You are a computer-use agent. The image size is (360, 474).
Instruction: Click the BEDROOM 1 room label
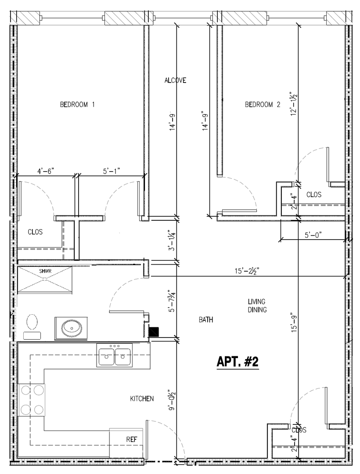coord(77,104)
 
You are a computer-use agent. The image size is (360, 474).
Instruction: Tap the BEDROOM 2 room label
coord(263,104)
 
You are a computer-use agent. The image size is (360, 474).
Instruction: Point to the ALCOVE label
coord(175,80)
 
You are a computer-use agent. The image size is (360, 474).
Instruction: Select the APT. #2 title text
coord(238,362)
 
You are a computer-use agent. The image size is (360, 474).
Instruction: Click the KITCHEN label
coord(142,399)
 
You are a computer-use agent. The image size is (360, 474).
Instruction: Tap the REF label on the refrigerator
coord(131,439)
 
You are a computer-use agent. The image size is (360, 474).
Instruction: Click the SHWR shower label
coord(45,271)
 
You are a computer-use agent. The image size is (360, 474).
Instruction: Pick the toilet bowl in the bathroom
coord(32,322)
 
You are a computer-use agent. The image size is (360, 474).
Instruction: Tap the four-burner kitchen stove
coord(32,400)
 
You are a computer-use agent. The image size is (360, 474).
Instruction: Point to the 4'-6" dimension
coord(45,171)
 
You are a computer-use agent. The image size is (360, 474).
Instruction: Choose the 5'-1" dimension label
coord(112,171)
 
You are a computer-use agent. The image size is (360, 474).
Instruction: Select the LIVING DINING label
coord(257,305)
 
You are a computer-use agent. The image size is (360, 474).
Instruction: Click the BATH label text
coord(206,320)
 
